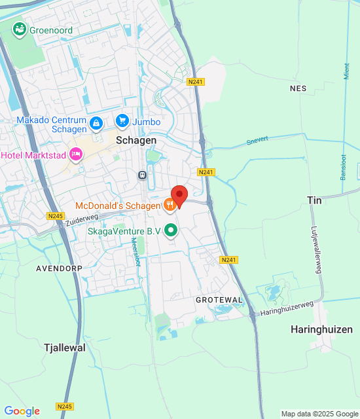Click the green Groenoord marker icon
point(19,29)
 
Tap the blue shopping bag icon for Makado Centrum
point(96,122)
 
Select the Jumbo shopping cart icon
point(122,120)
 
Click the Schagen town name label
point(136,141)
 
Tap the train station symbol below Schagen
point(141,175)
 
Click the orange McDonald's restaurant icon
point(170,206)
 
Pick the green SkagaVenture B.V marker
point(171,230)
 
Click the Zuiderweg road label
point(82,219)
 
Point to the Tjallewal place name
point(64,348)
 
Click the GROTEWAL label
point(219,299)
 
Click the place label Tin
point(315,200)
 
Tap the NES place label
point(298,88)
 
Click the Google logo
point(22,411)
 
